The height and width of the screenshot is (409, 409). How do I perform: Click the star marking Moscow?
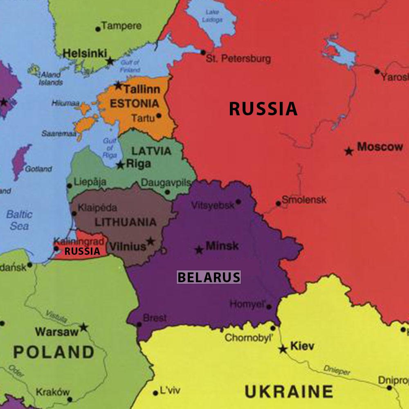pos(348,151)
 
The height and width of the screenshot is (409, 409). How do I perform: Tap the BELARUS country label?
pos(209,277)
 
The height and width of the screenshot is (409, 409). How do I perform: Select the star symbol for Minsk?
pos(199,249)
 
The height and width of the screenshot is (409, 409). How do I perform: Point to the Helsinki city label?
pos(85,53)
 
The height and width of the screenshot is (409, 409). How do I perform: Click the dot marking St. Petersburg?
pos(203,52)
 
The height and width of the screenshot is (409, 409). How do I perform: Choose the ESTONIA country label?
pos(134,103)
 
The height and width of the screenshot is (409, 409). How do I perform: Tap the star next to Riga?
pos(120,165)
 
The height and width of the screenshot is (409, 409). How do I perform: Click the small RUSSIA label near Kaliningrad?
pos(82,251)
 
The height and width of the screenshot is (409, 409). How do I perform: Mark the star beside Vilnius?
pos(151,241)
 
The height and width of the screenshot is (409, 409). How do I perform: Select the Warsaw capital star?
pos(84,327)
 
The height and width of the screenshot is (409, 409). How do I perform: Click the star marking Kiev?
pos(283,349)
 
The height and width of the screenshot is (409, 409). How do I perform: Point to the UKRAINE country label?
pos(288,391)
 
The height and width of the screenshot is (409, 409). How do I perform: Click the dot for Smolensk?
pos(278,203)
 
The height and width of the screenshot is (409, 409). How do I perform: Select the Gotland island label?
pos(38,169)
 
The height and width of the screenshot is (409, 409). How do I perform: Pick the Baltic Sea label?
pos(19,220)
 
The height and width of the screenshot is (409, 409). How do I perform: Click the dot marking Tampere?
pos(98,29)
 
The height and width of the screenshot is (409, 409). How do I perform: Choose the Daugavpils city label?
pos(166,183)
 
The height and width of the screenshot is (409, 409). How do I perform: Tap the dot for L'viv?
pos(155,393)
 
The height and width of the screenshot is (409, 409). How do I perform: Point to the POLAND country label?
pos(54,352)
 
